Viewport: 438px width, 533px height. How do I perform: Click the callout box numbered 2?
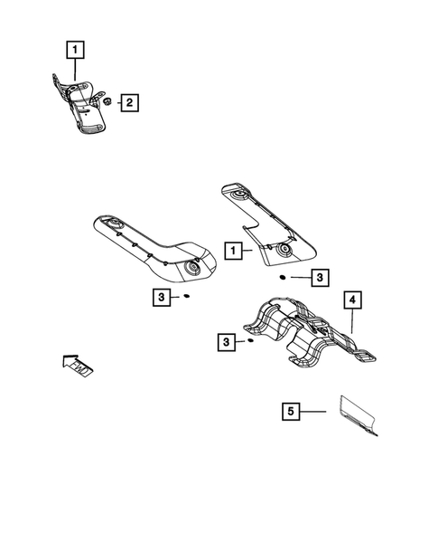130,103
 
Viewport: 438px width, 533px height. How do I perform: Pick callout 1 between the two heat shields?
233,250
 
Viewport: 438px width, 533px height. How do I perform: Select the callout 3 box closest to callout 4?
320,278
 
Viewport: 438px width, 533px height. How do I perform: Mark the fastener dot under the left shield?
186,296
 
